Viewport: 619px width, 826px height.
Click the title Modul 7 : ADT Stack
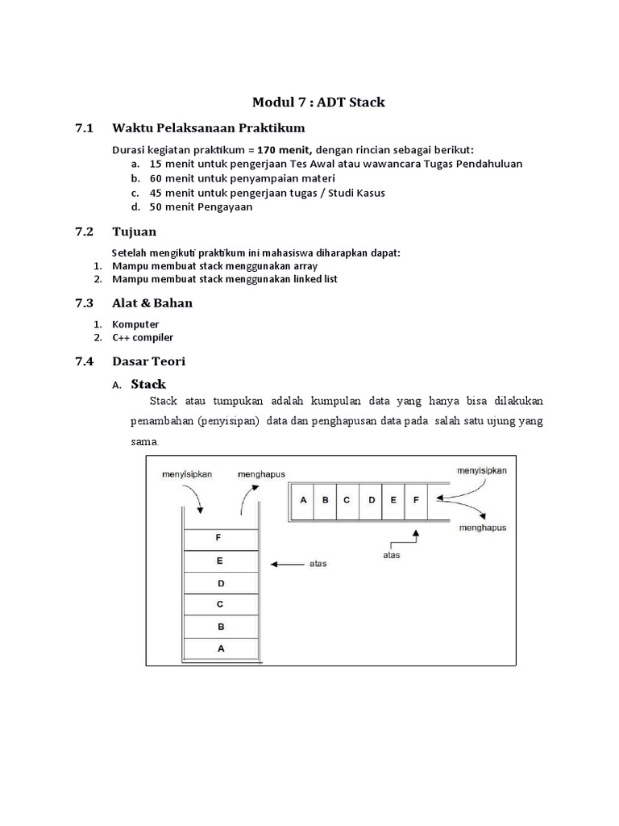tap(318, 102)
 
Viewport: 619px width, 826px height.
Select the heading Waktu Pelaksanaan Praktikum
tap(208, 128)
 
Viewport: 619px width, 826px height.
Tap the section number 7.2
tap(85, 232)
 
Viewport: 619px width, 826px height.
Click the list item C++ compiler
tap(143, 337)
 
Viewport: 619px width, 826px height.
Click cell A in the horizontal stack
tap(303, 499)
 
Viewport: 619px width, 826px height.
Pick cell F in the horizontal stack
tap(416, 499)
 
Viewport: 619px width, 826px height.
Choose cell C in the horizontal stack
tap(347, 499)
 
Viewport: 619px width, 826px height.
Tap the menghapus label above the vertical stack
tap(260, 474)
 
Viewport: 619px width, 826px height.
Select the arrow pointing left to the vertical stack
tap(286, 565)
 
